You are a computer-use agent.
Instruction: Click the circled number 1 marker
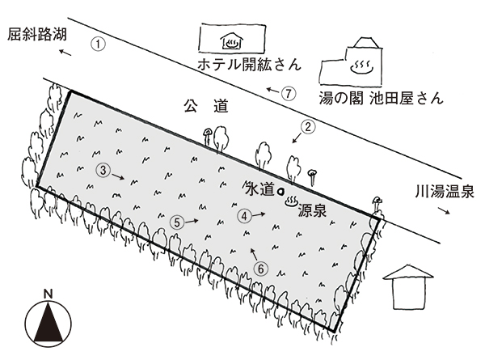pyautogui.click(x=98, y=44)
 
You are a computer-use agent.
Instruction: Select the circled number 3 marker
pyautogui.click(x=103, y=170)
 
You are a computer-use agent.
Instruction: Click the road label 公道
pyautogui.click(x=201, y=106)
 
